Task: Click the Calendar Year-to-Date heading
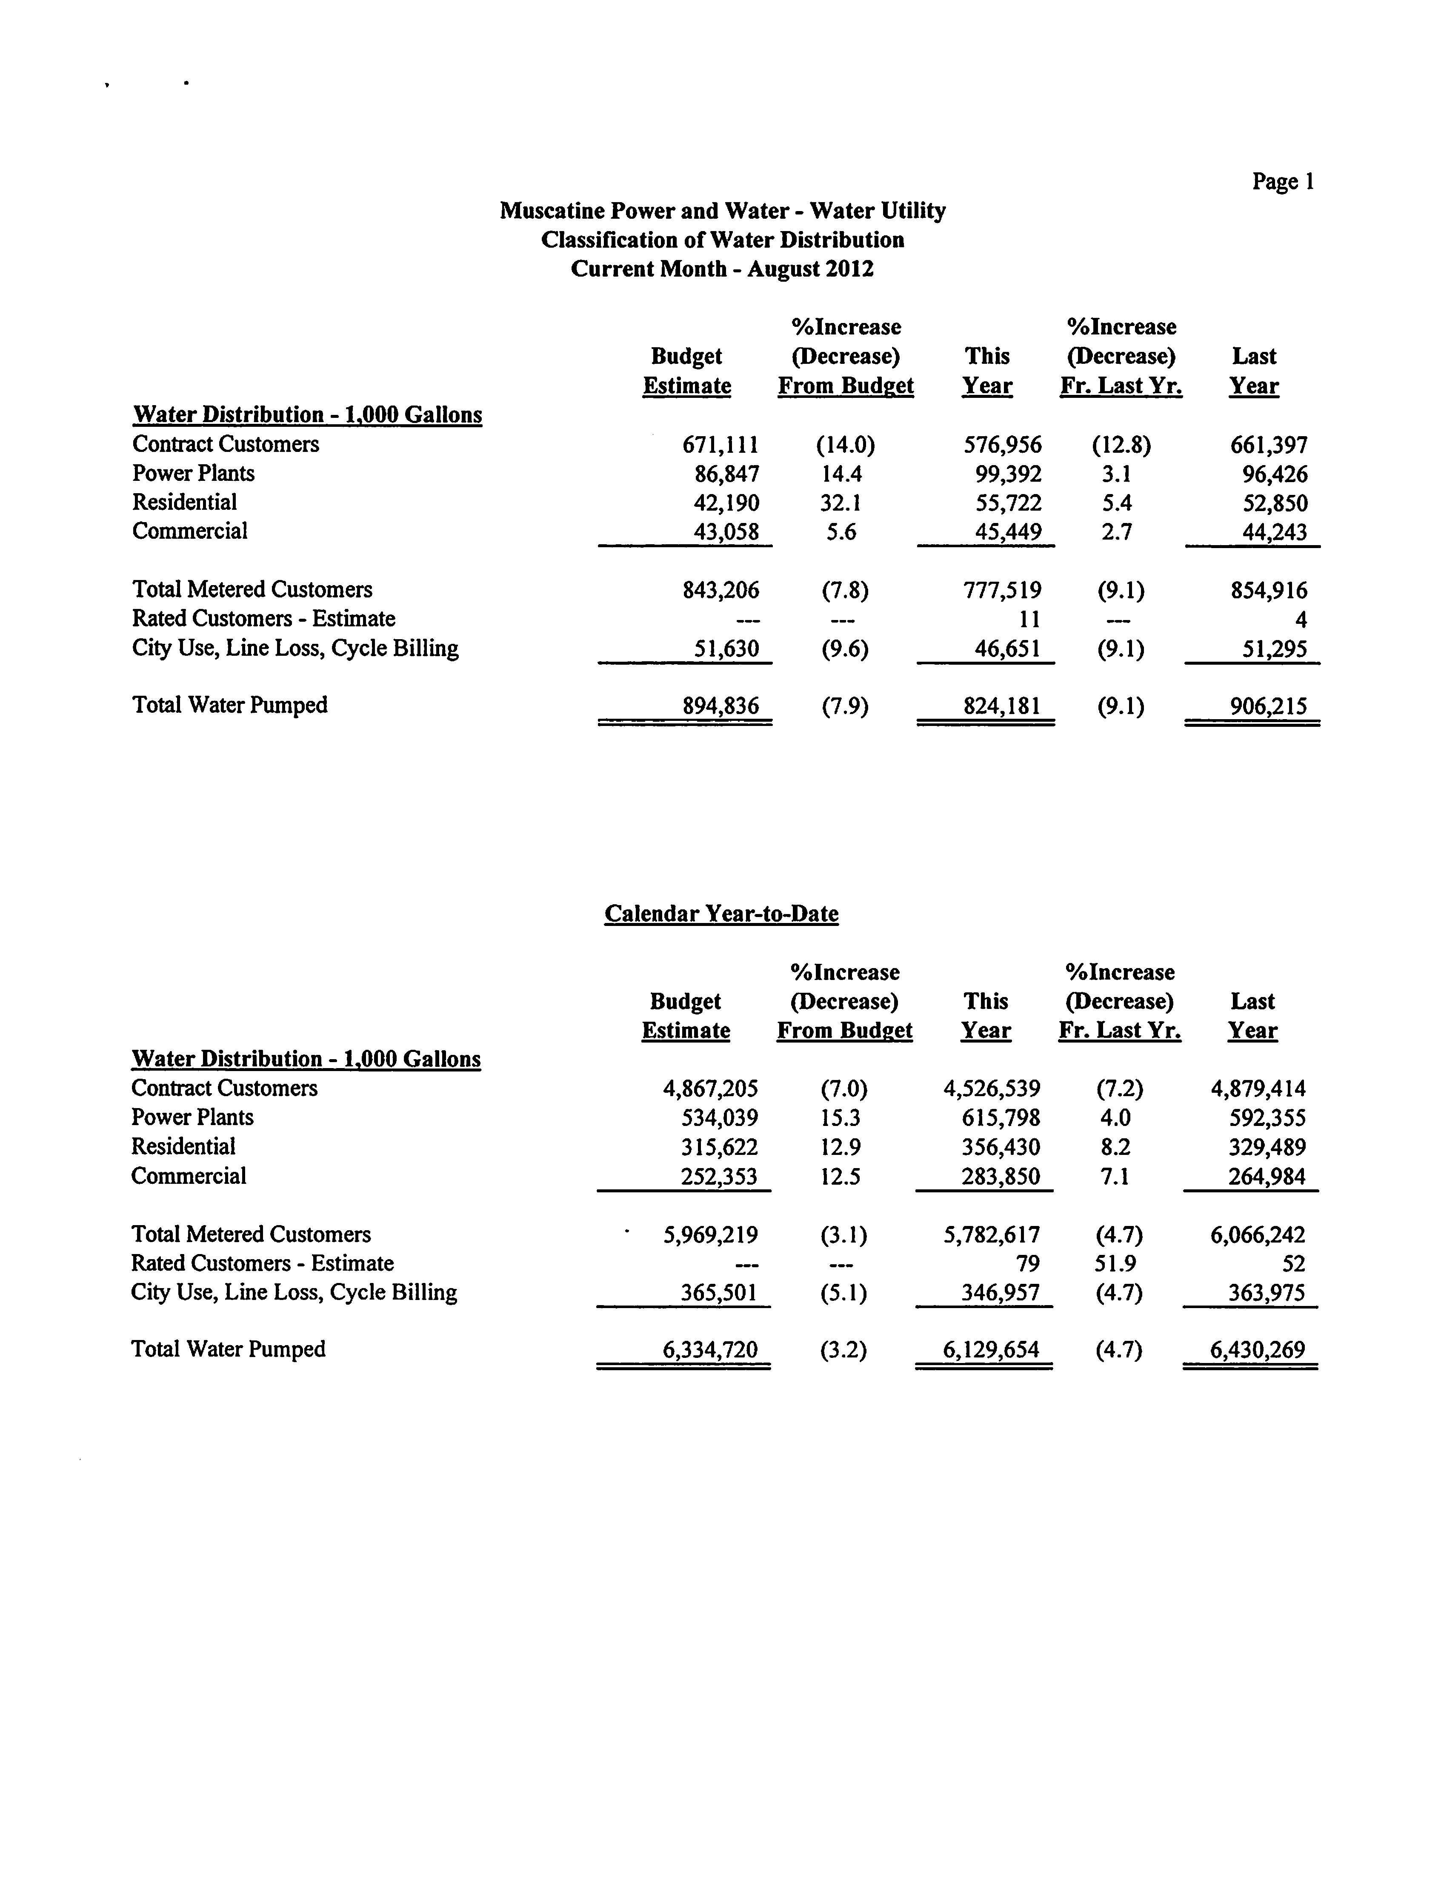[x=721, y=914]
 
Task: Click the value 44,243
[x=1275, y=533]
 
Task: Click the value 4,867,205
[x=710, y=1089]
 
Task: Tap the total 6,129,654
[x=991, y=1350]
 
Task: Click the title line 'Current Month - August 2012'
[x=722, y=269]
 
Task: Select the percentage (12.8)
[x=1121, y=445]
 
